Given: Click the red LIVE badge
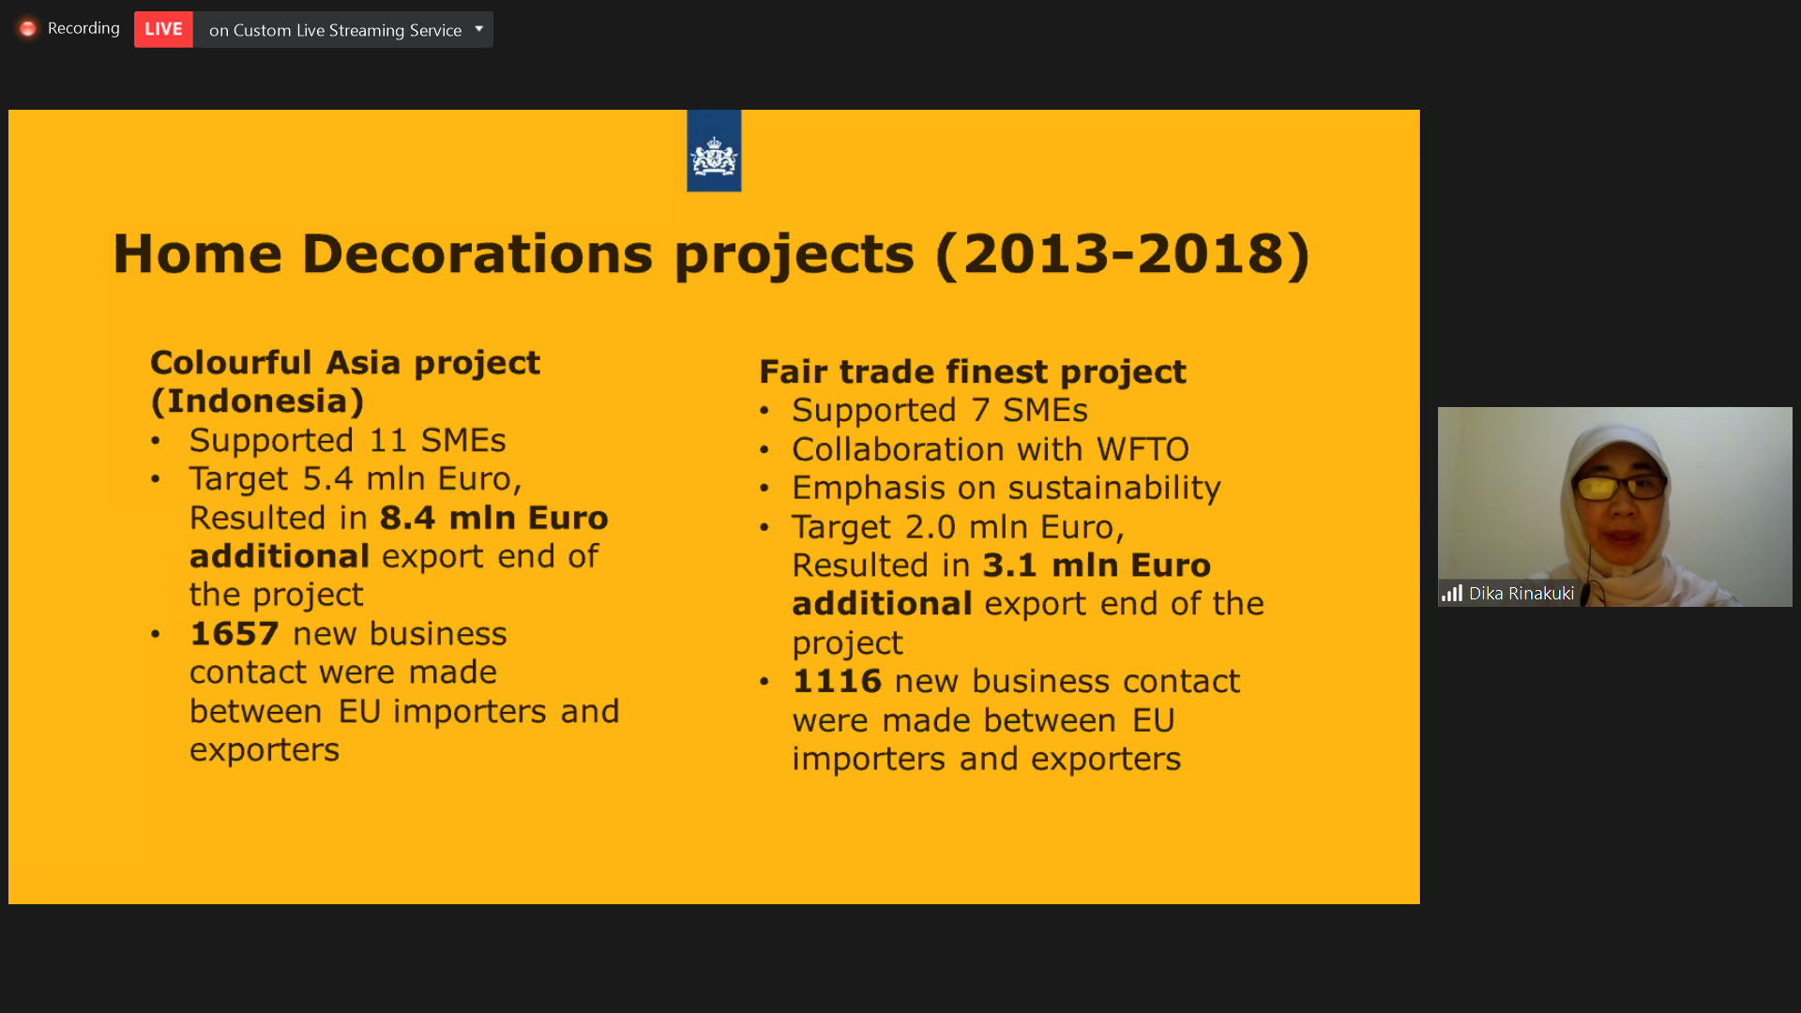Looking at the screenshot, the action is pyautogui.click(x=163, y=29).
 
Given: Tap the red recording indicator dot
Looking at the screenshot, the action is pyautogui.click(x=27, y=29).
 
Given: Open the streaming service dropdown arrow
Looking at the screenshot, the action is pyautogui.click(x=479, y=29).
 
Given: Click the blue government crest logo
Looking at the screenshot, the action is pyautogui.click(x=714, y=151).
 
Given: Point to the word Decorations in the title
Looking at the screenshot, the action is pyautogui.click(x=477, y=253).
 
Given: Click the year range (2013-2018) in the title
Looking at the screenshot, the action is pyautogui.click(x=1123, y=254).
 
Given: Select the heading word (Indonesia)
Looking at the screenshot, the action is pyautogui.click(x=258, y=401).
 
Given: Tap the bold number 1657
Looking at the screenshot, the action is pyautogui.click(x=235, y=634).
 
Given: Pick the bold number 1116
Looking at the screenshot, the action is pyautogui.click(x=837, y=681).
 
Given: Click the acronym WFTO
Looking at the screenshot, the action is pyautogui.click(x=1143, y=449).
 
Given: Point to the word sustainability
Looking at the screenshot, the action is pyautogui.click(x=1114, y=488).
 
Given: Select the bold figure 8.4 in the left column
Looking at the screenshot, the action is pyautogui.click(x=407, y=518).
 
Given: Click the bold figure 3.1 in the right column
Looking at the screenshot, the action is pyautogui.click(x=1010, y=566).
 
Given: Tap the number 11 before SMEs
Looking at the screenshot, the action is pyautogui.click(x=388, y=441).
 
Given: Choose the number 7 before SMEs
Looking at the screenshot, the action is pyautogui.click(x=980, y=411).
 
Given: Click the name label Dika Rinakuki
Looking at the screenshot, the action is pyautogui.click(x=1521, y=594).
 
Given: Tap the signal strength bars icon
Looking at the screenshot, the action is pyautogui.click(x=1452, y=594).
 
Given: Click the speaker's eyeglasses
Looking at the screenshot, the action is pyautogui.click(x=1619, y=488).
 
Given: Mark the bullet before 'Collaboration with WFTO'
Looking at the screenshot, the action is pyautogui.click(x=764, y=450).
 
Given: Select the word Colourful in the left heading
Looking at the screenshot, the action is pyautogui.click(x=231, y=363).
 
